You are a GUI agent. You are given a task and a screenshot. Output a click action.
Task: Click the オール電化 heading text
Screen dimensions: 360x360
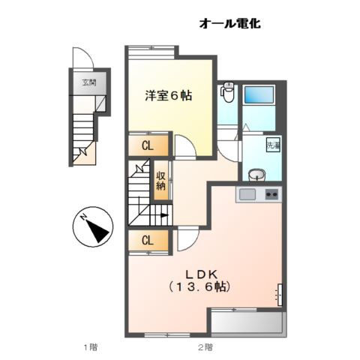[229, 24]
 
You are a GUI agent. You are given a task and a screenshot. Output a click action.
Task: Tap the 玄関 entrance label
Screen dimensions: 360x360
[89, 83]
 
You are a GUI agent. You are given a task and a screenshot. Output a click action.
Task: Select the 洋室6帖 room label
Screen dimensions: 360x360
[168, 95]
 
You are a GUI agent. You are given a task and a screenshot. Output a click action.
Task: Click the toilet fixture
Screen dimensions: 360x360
[229, 94]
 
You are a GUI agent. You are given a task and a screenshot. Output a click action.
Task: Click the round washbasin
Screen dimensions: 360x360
[257, 175]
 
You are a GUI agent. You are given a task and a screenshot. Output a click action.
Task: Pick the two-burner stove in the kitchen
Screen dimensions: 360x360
[271, 195]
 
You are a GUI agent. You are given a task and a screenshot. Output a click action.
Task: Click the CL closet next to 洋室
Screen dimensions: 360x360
[148, 145]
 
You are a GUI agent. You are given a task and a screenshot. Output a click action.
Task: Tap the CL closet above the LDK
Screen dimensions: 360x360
[148, 240]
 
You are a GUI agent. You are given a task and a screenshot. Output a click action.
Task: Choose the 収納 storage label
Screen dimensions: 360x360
[160, 181]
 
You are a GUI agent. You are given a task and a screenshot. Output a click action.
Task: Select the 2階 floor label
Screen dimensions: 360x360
[204, 346]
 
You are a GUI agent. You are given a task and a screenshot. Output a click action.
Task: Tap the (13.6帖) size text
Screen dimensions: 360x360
[199, 286]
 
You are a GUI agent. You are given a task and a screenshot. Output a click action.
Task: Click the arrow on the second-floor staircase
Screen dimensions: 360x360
[160, 214]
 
